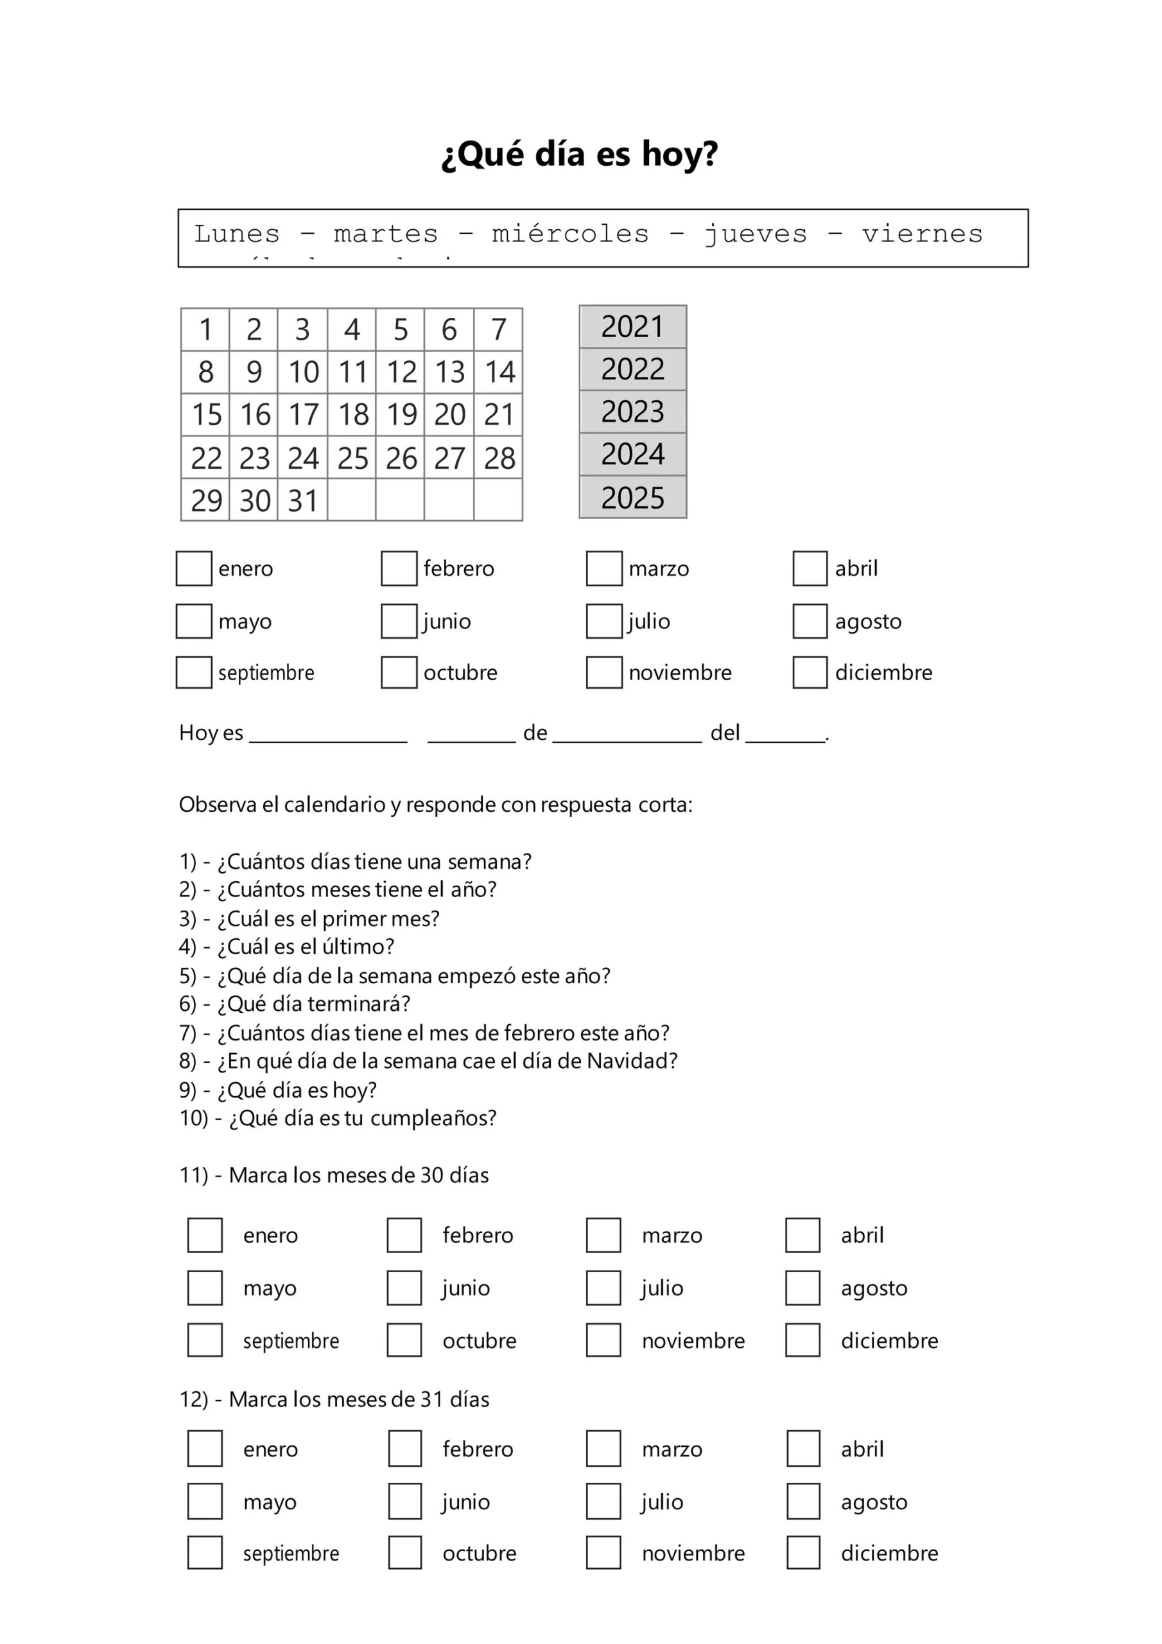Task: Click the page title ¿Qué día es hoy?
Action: coord(579,154)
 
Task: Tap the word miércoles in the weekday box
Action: coord(570,234)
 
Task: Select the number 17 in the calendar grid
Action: coord(303,415)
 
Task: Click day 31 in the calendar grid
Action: coord(303,500)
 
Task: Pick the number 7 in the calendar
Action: coord(498,329)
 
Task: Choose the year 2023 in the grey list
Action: coord(632,412)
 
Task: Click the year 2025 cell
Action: coord(632,498)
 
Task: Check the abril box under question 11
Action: coord(802,1235)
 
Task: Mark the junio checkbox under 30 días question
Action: coord(404,1288)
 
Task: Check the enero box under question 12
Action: coord(205,1449)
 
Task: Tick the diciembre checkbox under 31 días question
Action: coord(802,1553)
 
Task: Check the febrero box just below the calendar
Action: coord(399,568)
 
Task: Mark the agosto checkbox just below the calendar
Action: coord(810,621)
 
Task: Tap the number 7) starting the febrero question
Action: coord(187,1033)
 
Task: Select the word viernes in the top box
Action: coord(921,234)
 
